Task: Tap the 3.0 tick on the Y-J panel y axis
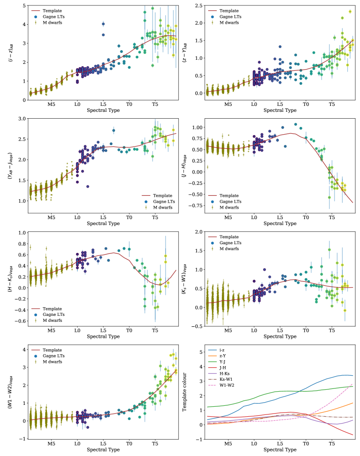tap(21, 119)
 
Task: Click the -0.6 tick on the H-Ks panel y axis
tap(20, 321)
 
